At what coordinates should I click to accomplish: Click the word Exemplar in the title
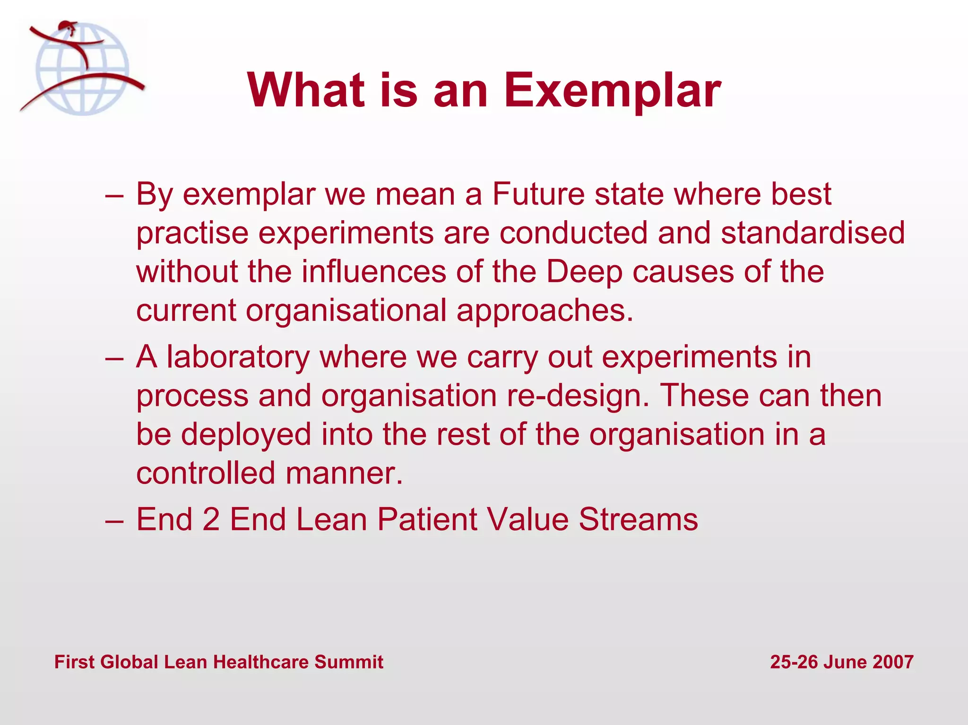coord(612,91)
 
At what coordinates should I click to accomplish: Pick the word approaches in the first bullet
coord(544,311)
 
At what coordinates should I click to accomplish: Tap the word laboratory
coord(238,357)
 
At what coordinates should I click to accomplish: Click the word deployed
coord(246,434)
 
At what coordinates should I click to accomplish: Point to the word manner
coord(344,473)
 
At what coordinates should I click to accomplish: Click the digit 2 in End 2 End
coord(211,519)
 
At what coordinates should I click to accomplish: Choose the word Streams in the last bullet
coord(638,519)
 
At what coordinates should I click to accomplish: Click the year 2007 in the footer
coord(893,662)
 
